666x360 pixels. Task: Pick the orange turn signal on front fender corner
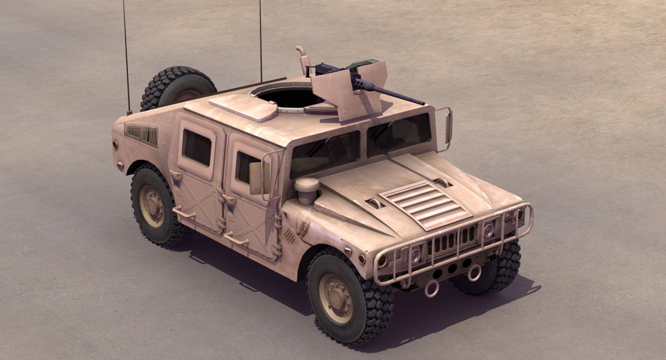pos(362,259)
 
